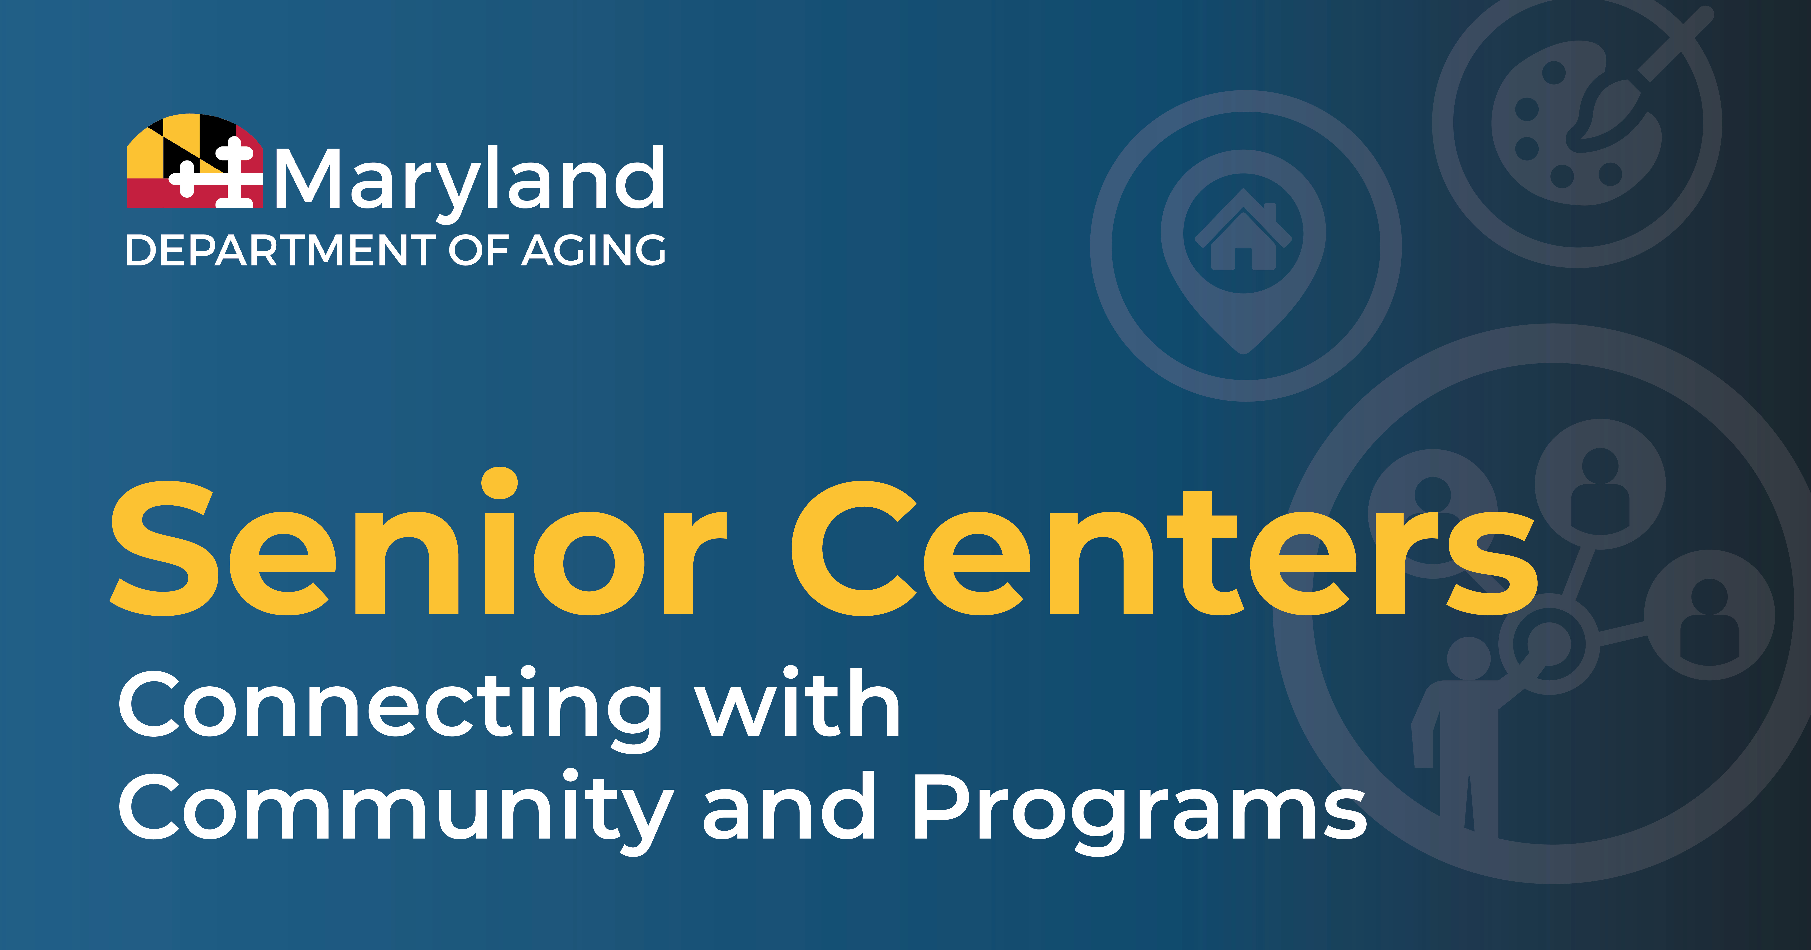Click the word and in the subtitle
click(x=789, y=805)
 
